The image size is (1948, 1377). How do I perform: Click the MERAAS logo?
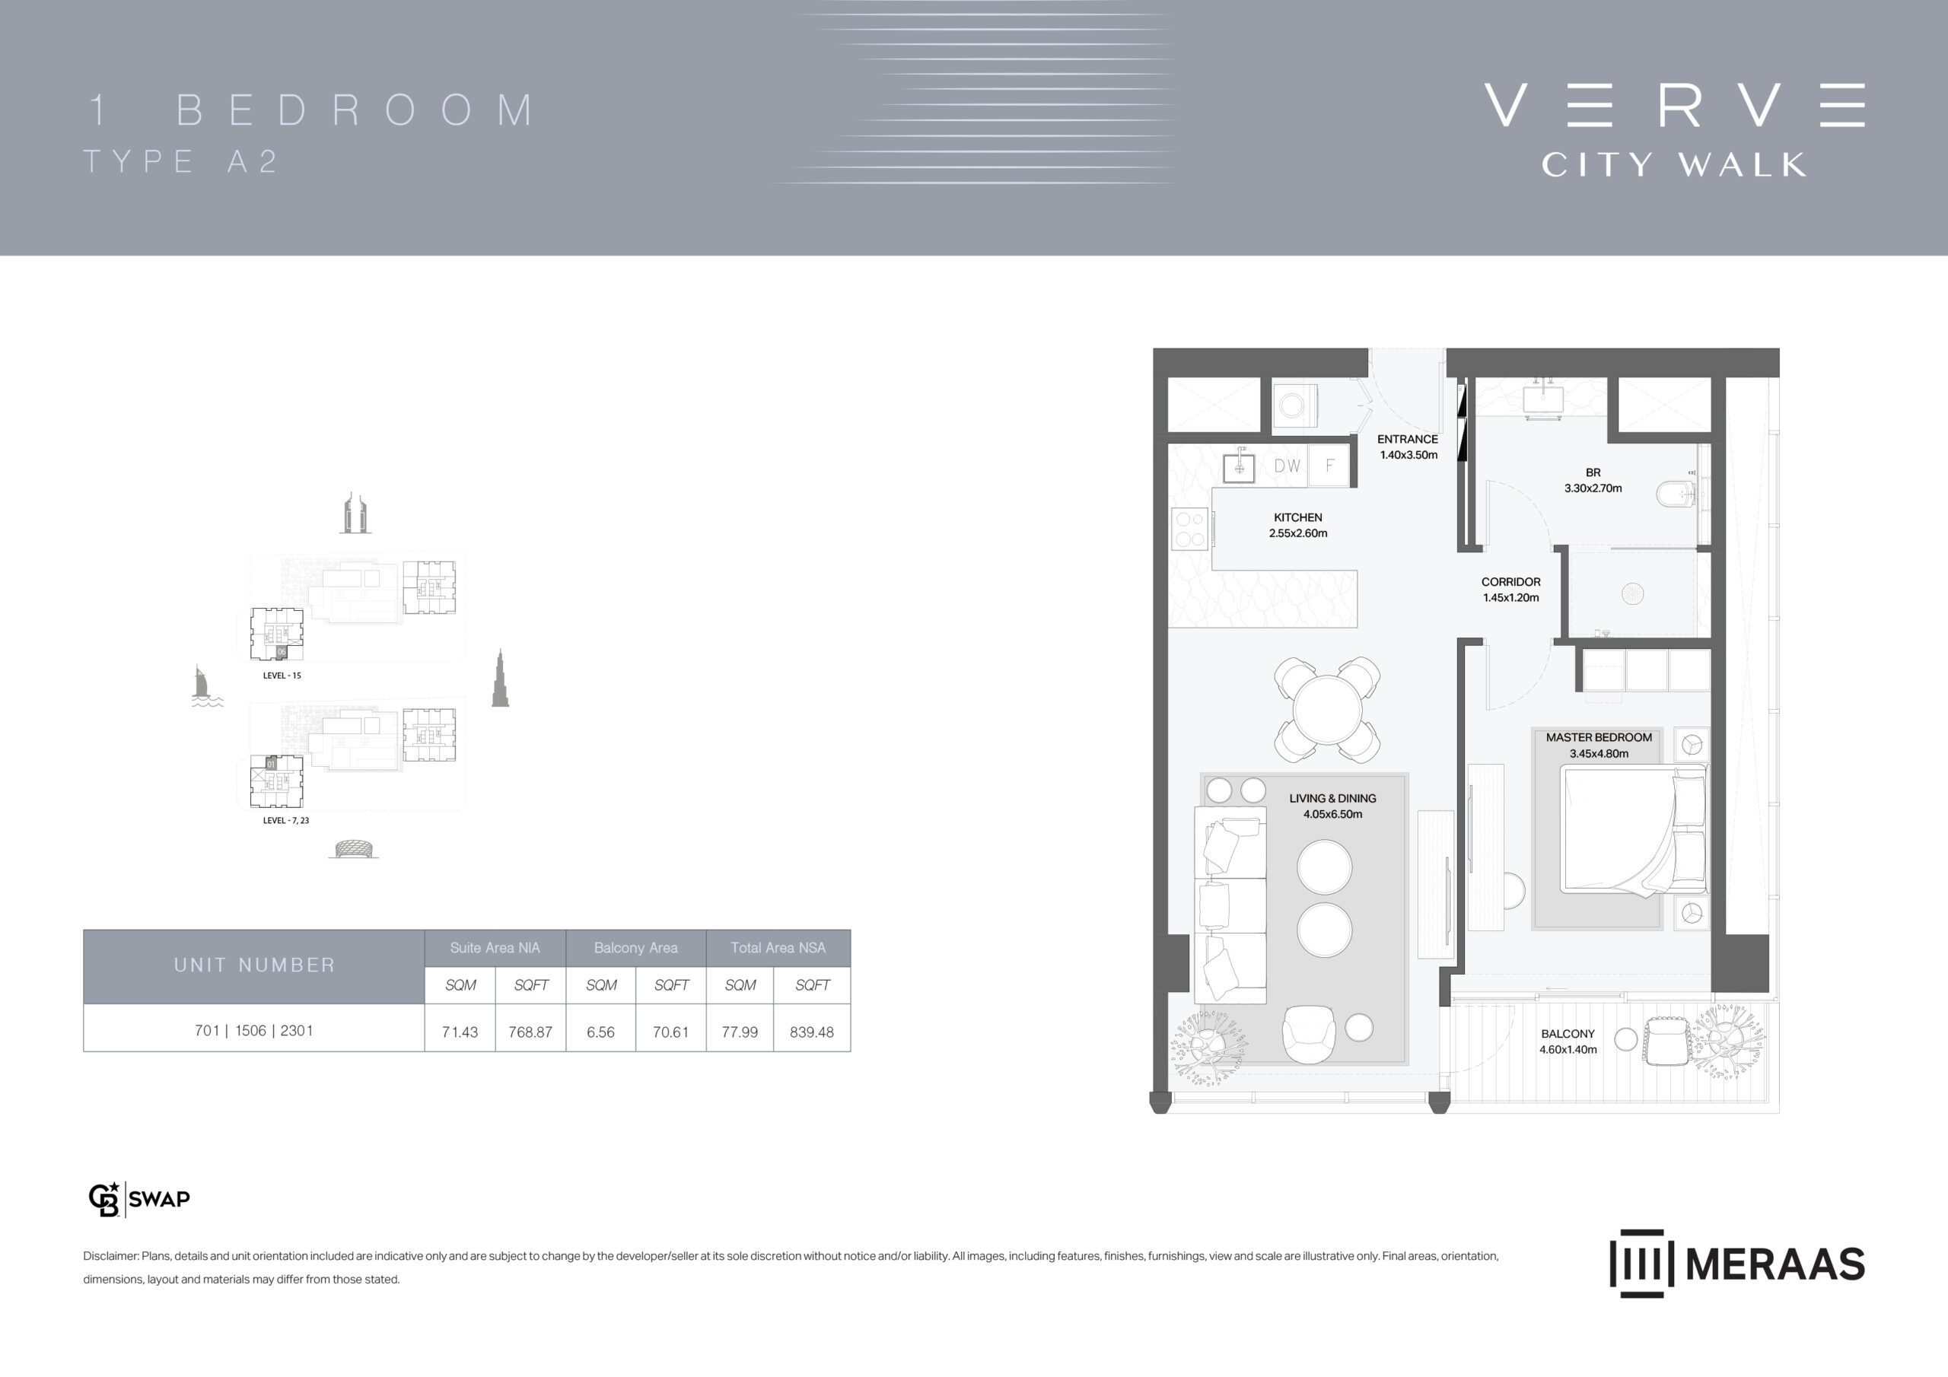click(1736, 1264)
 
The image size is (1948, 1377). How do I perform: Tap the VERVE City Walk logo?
click(1675, 130)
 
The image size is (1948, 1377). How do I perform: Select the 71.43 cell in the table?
click(460, 1032)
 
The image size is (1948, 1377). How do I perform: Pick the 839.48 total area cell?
click(812, 1032)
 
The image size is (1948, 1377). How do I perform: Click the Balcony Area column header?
click(635, 948)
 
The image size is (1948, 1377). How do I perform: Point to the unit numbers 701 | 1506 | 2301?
click(253, 1030)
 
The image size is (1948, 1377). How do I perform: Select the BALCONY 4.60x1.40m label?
click(1568, 1041)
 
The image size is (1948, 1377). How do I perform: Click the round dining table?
click(1327, 709)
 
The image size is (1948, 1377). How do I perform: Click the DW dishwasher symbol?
click(1287, 466)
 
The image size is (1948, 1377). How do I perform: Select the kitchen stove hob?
click(1189, 528)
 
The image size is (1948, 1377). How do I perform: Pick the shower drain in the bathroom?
click(1632, 594)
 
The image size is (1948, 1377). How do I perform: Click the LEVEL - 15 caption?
click(282, 676)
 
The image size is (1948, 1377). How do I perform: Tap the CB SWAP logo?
click(139, 1199)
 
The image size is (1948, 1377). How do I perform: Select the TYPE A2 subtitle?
click(180, 161)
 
